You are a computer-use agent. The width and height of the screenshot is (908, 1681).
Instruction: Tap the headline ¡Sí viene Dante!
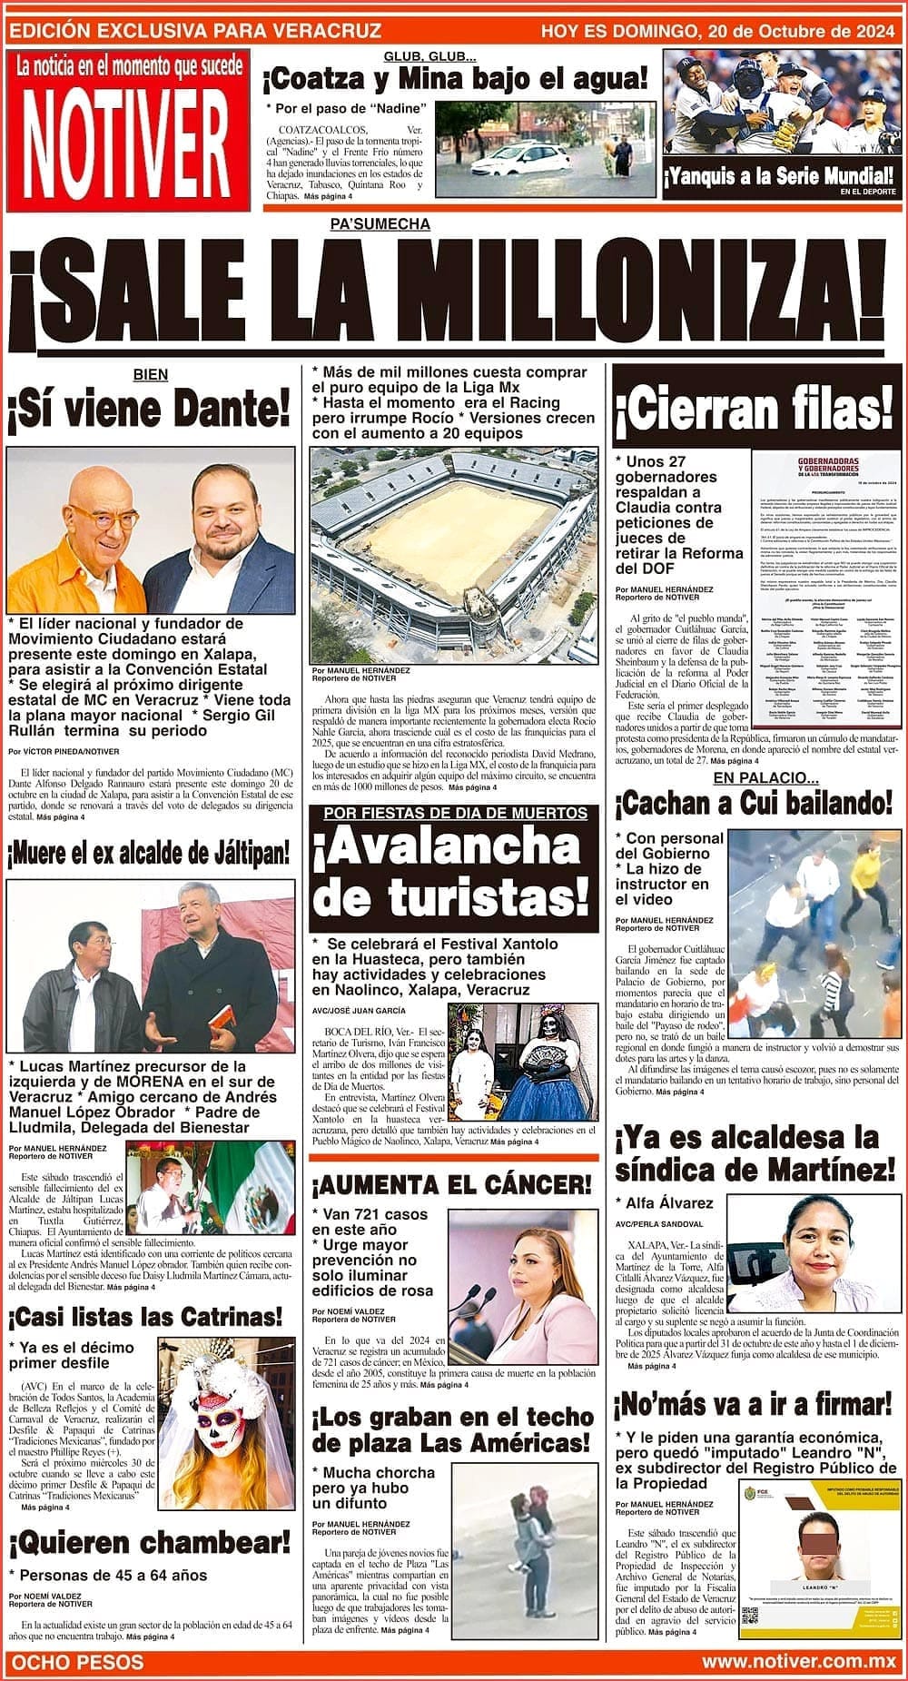pyautogui.click(x=149, y=410)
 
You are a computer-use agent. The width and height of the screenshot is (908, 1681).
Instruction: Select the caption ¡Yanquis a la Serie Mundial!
pyautogui.click(x=779, y=176)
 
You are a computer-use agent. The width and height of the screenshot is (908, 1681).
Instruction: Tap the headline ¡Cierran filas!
pyautogui.click(x=753, y=409)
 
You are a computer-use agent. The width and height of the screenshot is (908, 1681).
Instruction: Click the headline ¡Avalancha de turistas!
pyautogui.click(x=453, y=873)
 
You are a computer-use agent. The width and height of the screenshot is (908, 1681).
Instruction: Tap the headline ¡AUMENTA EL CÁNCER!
pyautogui.click(x=451, y=1184)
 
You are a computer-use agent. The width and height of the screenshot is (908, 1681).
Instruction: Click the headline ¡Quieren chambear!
pyautogui.click(x=150, y=1541)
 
